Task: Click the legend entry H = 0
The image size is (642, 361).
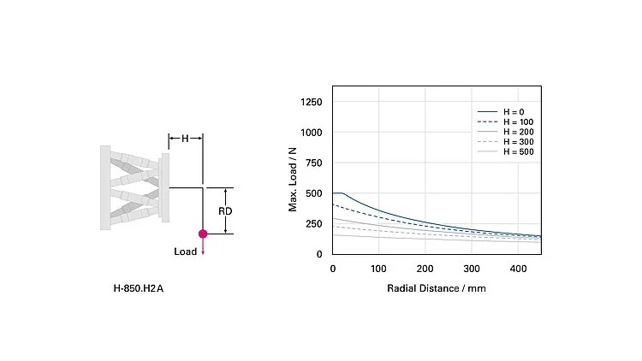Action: point(514,112)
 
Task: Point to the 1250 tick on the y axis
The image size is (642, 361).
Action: point(311,103)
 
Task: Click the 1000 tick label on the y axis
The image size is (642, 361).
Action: point(311,133)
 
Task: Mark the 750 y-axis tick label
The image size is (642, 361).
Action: point(314,163)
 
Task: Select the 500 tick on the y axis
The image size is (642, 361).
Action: point(314,193)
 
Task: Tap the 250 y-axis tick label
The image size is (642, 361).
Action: point(314,224)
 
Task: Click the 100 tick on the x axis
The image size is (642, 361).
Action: point(378,269)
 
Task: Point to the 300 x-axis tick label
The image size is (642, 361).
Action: point(472,269)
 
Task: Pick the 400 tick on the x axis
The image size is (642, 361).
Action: point(518,269)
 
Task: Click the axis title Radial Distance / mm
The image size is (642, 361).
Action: point(437,288)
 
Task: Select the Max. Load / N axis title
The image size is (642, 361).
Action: point(293,178)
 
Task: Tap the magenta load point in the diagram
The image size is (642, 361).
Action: point(203,234)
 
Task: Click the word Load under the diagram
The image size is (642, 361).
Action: point(185,252)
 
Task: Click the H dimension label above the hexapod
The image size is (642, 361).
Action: point(185,138)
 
